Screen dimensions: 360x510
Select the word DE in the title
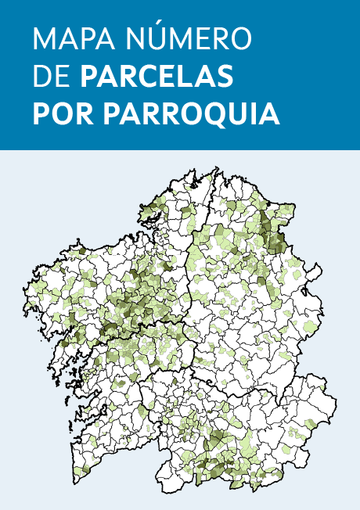51,77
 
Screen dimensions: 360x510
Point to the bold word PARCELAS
157,77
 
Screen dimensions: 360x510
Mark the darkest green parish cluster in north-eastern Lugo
275,235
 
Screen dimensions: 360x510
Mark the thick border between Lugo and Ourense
258,388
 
